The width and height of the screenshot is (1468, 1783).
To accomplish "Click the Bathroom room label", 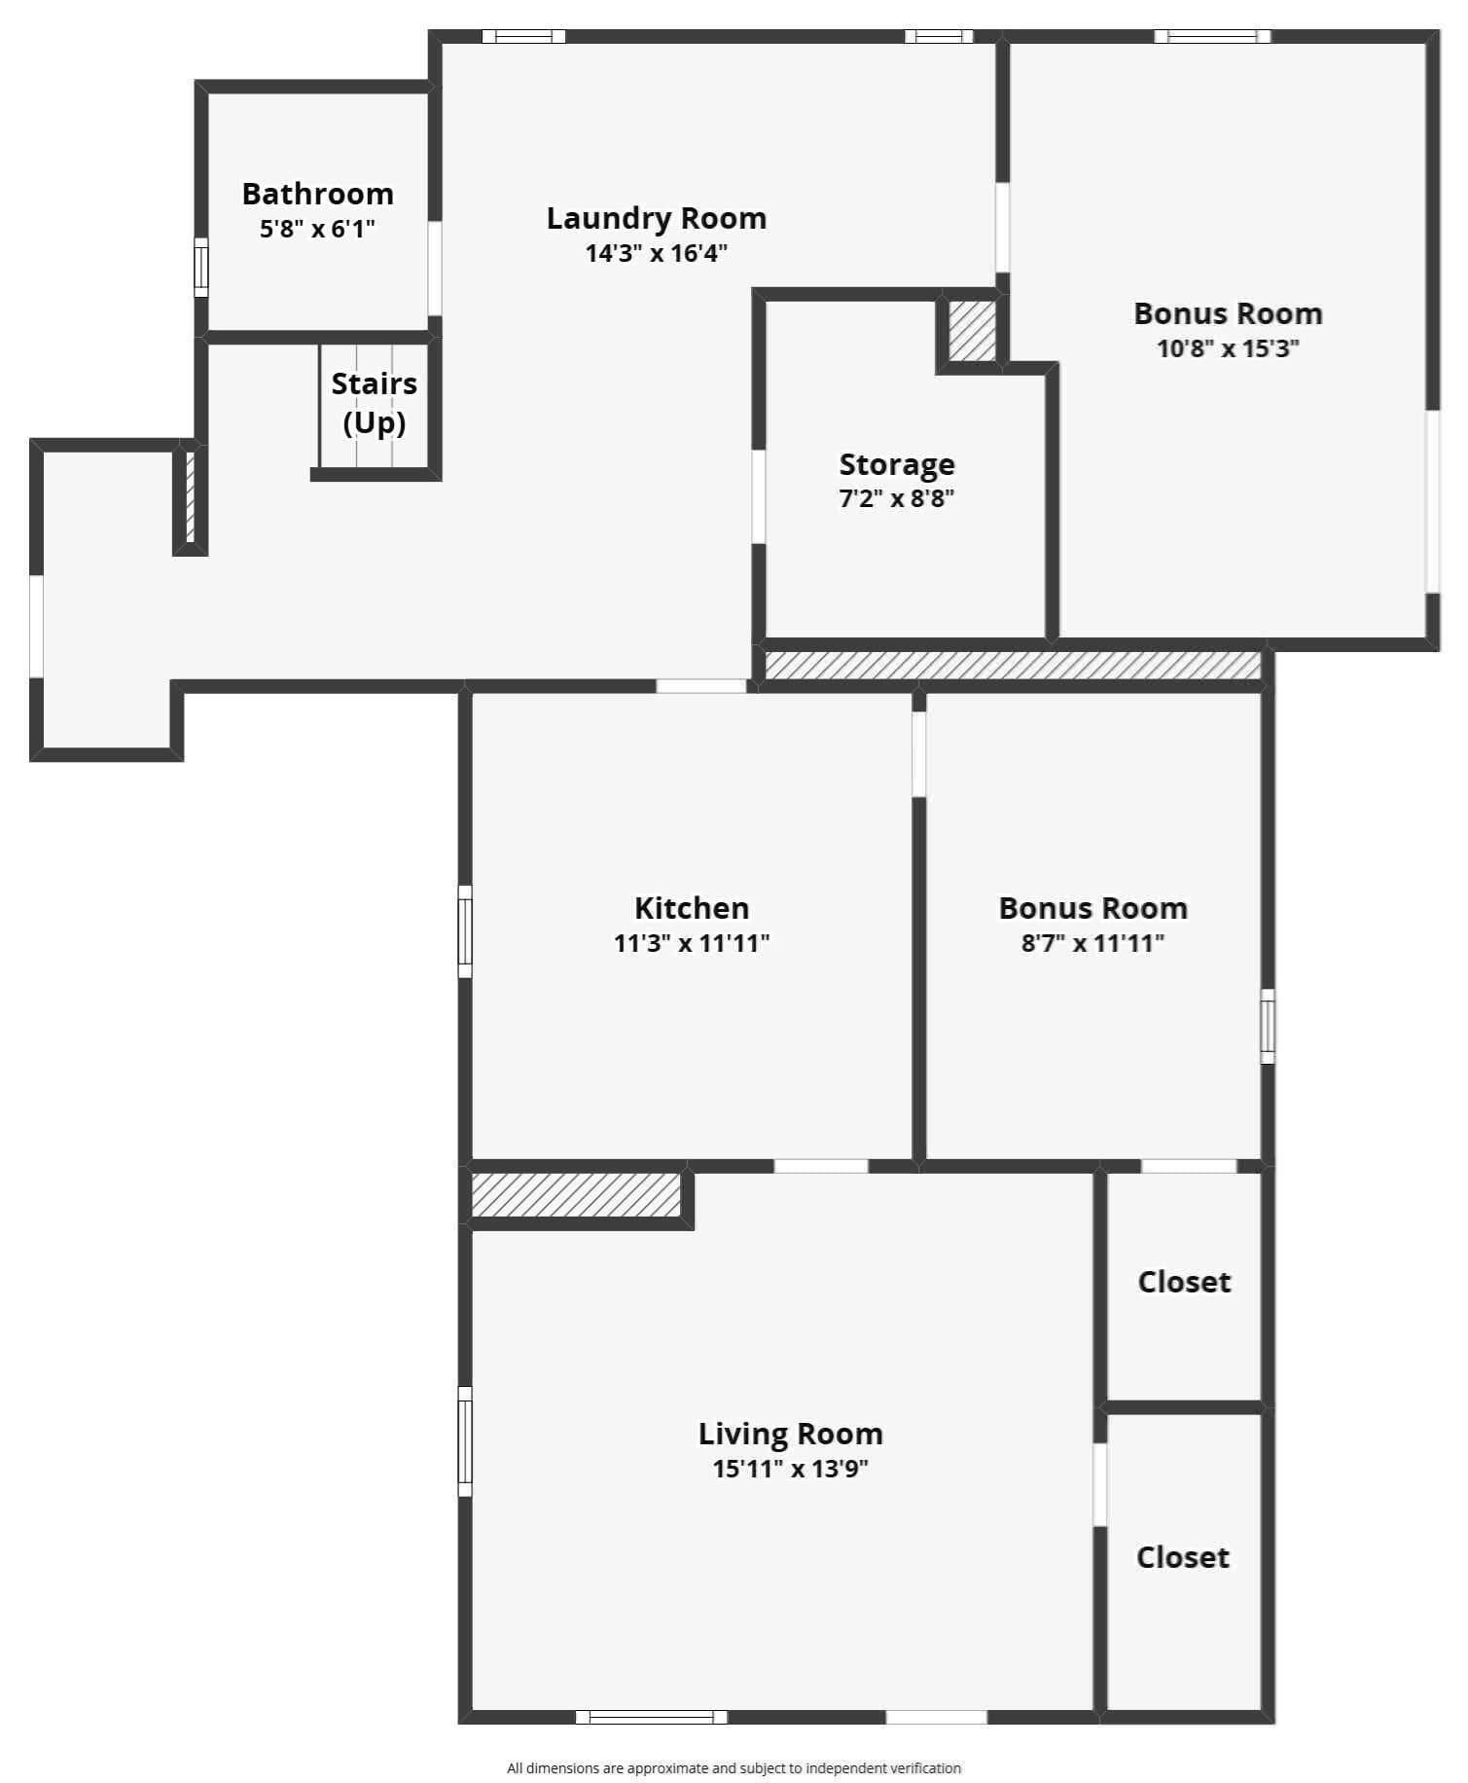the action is [x=317, y=194].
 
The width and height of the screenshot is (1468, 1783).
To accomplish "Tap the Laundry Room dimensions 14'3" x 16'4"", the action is [x=657, y=253].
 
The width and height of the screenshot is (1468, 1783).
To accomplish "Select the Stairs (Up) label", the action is [x=375, y=402].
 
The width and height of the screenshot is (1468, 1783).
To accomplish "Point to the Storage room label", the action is [x=897, y=464].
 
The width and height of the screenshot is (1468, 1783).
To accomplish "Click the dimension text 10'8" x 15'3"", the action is [x=1228, y=348].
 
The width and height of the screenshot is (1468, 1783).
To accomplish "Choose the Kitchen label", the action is [x=692, y=908].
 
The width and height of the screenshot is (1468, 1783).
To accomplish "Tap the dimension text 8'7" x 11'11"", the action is [x=1092, y=942].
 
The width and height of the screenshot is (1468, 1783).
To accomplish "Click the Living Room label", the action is [x=790, y=1434].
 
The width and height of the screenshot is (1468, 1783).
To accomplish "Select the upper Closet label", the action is [x=1184, y=1282].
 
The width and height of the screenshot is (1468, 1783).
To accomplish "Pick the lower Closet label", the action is [x=1183, y=1557].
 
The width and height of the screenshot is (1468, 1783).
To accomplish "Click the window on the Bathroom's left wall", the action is [x=201, y=267].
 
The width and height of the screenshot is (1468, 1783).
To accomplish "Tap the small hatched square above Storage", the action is [x=972, y=331].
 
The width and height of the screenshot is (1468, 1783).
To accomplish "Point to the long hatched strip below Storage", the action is [x=1013, y=665].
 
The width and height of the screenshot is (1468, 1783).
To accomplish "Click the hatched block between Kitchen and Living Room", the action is [x=576, y=1194].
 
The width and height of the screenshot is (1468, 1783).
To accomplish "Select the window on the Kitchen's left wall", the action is [x=465, y=930].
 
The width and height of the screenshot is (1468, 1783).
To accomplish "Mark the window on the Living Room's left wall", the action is [x=465, y=1440].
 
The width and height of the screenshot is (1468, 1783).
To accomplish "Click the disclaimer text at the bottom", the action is [x=734, y=1767].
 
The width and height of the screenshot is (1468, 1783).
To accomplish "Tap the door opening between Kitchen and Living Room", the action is [x=821, y=1166].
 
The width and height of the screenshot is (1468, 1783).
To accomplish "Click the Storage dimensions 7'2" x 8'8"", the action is [x=897, y=499].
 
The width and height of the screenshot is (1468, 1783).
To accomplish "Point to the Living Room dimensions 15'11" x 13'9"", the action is [x=790, y=1469].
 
